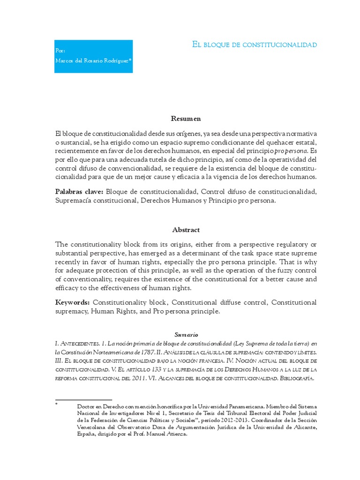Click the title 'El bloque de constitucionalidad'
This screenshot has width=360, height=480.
click(255, 45)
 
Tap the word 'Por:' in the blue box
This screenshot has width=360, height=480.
click(60, 50)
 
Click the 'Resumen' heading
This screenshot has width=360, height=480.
click(186, 119)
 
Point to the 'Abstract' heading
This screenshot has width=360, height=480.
click(186, 230)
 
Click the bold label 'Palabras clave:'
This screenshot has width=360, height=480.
click(79, 192)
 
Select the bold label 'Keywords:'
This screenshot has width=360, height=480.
click(72, 302)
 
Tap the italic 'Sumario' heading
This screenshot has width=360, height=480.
click(186, 335)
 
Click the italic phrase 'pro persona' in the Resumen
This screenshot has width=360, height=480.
click(291, 151)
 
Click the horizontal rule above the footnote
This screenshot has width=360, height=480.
click(83, 400)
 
